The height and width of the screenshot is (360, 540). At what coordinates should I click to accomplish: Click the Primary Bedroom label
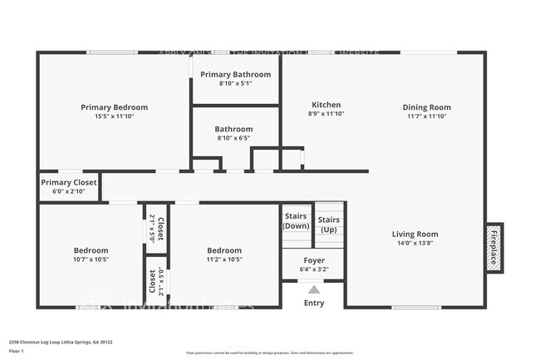[x=114, y=107]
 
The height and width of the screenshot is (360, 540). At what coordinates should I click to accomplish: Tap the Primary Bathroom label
[x=235, y=75]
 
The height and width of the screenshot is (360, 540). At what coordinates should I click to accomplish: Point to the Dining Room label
[x=426, y=107]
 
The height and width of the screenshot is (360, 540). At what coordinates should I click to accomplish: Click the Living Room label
[x=415, y=234]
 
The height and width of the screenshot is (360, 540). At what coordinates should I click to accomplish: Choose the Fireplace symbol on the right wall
[x=493, y=247]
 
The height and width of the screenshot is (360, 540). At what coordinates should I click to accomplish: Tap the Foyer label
[x=313, y=260]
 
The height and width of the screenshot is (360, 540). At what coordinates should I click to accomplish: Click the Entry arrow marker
[x=313, y=290]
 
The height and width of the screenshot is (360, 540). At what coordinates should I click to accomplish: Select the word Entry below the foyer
[x=313, y=303]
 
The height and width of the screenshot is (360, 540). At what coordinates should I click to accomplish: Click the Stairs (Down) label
[x=297, y=221]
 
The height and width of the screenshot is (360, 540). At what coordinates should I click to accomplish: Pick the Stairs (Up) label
[x=328, y=224]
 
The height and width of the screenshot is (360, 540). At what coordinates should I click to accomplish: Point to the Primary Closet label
[x=69, y=182]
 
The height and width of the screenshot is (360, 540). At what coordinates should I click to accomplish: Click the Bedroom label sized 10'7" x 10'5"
[x=91, y=250]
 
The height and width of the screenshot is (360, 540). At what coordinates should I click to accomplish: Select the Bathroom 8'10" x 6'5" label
[x=233, y=130]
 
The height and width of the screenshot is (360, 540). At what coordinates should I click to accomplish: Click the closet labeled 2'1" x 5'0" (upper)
[x=155, y=228]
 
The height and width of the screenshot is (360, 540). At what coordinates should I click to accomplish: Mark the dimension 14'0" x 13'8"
[x=415, y=244]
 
